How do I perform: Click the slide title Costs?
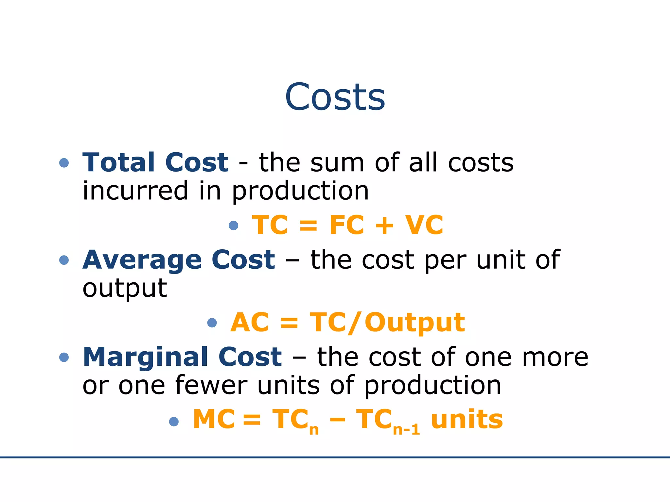point(335,97)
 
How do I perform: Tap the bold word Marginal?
point(146,357)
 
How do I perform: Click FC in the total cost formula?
point(346,225)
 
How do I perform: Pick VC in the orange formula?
point(424,225)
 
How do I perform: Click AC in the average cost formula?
point(250,322)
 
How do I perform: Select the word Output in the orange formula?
point(414,323)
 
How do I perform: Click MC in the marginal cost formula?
point(214,419)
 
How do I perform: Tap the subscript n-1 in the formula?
point(406,429)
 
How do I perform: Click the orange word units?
point(467,419)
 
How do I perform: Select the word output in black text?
point(125,289)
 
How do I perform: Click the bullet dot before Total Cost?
point(64,163)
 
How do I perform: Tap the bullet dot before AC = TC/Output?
point(212,323)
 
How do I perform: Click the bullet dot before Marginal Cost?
point(64,357)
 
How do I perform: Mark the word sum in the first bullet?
point(337,163)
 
